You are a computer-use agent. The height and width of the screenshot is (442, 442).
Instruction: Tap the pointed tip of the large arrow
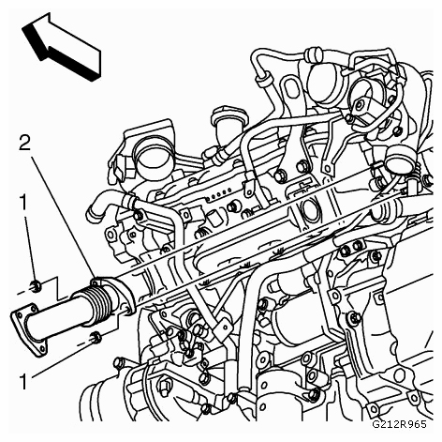click(x=22, y=29)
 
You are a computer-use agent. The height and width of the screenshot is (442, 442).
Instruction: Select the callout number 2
click(x=24, y=143)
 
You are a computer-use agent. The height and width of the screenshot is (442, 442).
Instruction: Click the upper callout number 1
click(x=23, y=203)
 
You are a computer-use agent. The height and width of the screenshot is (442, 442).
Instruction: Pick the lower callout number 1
click(x=23, y=382)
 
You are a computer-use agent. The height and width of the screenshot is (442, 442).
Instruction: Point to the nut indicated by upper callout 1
click(x=36, y=285)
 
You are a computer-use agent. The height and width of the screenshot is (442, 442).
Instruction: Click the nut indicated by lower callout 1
click(x=96, y=338)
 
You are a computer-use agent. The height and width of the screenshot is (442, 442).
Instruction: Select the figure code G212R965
click(x=399, y=424)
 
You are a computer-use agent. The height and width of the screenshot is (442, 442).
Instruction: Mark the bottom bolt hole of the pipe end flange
click(x=40, y=349)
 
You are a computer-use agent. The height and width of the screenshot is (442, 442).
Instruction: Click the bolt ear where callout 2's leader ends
click(x=96, y=282)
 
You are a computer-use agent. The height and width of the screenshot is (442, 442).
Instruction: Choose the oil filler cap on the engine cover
click(x=229, y=118)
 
